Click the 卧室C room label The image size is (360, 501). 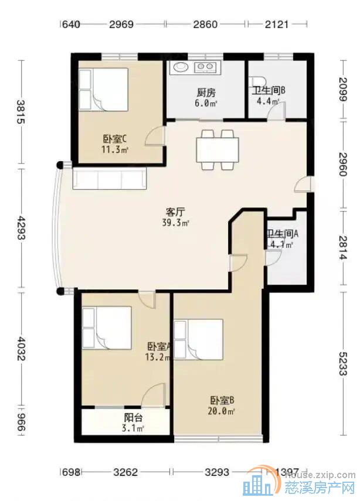116,139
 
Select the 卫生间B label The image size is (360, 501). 269,91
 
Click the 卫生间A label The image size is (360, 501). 283,233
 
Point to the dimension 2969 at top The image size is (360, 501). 121,25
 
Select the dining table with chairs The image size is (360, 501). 218,150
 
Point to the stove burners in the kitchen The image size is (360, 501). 205,67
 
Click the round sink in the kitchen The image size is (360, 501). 178,67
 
